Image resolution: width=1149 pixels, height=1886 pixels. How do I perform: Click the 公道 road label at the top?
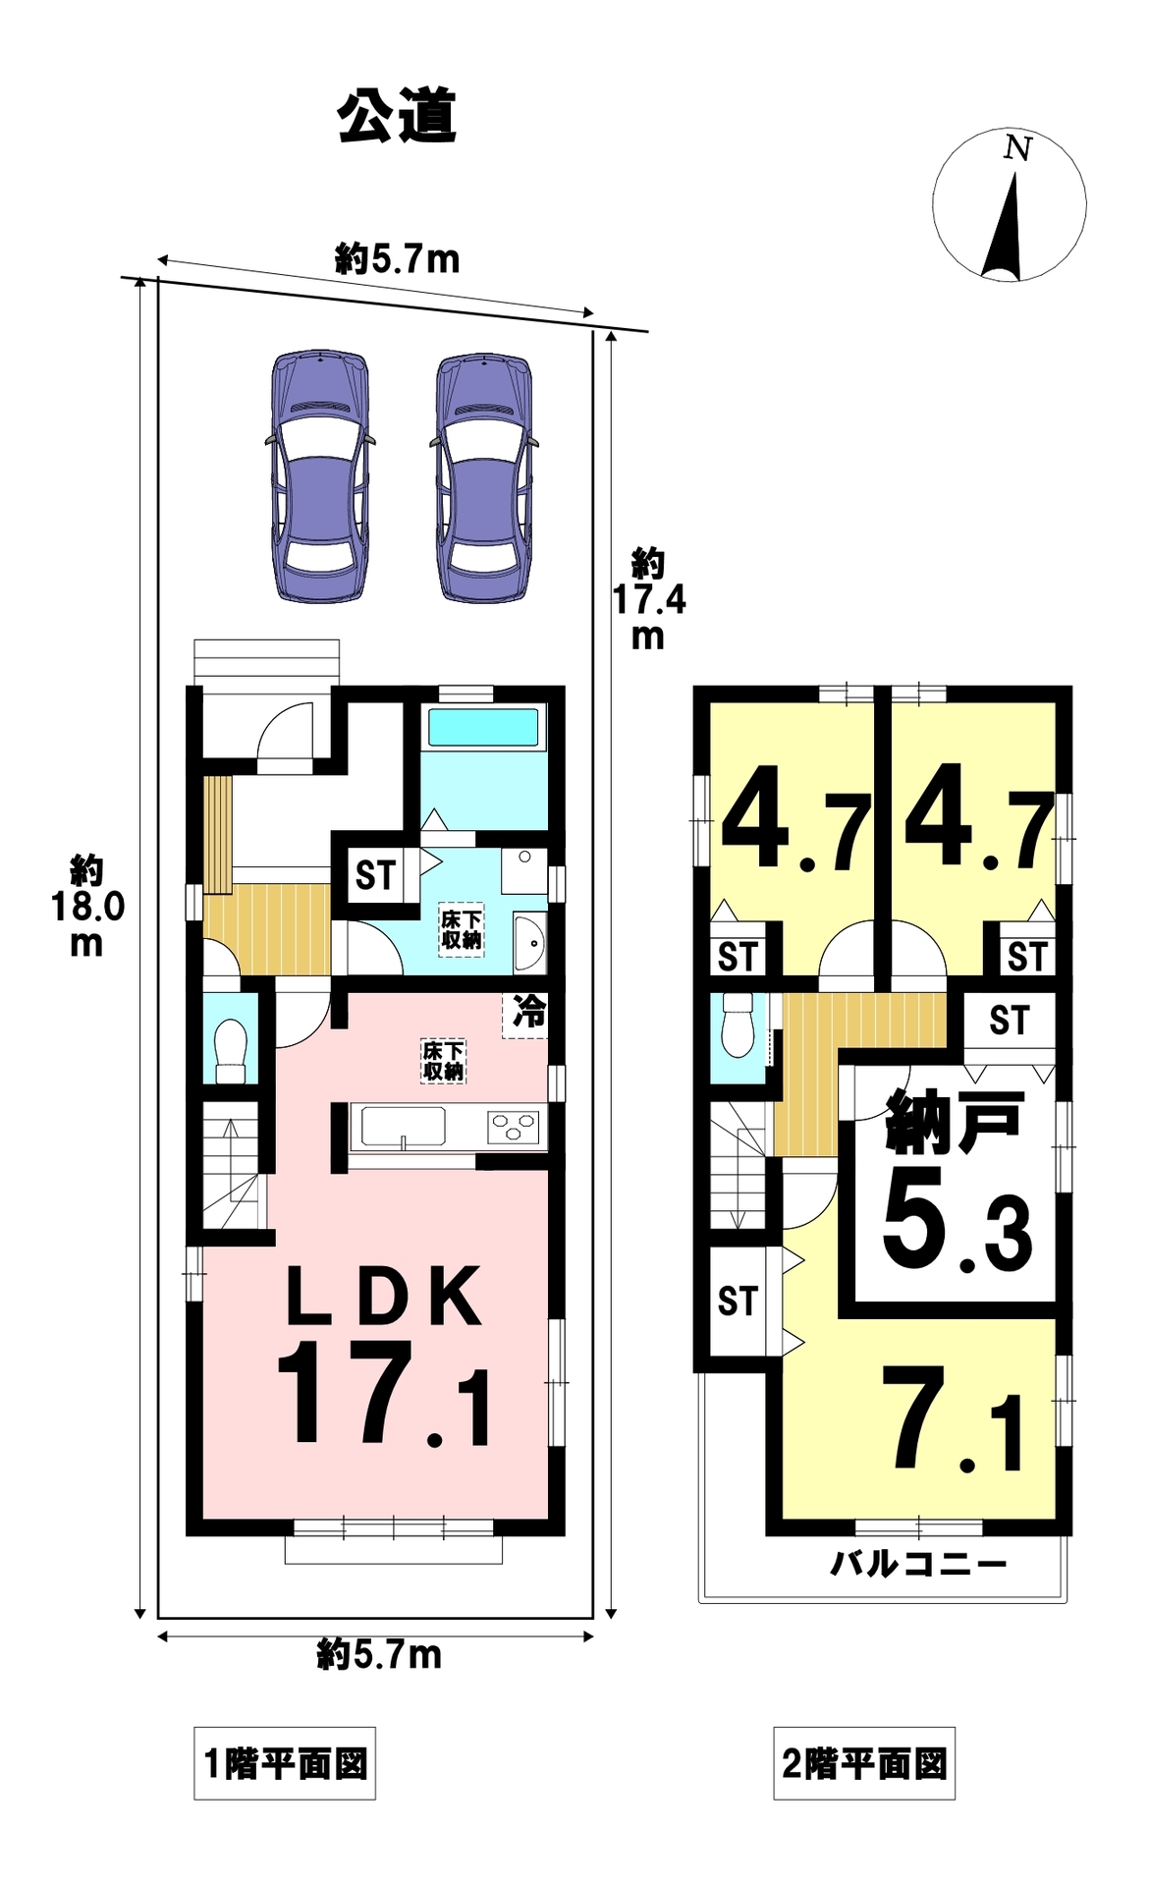tap(397, 118)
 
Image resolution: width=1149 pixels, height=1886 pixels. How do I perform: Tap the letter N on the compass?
tap(1017, 149)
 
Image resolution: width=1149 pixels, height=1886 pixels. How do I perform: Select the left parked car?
tap(321, 476)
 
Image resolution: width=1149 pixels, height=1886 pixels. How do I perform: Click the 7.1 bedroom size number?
tap(953, 1420)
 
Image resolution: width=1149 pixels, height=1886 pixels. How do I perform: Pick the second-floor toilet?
tap(737, 1026)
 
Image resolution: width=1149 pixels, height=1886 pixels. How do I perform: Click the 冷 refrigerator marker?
tap(528, 1013)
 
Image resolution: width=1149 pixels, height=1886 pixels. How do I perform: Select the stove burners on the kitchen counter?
tap(513, 1126)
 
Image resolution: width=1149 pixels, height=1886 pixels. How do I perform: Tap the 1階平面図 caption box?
tap(285, 1762)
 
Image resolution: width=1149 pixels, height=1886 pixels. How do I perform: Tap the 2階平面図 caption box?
tap(864, 1762)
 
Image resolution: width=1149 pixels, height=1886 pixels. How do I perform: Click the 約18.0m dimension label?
tap(87, 906)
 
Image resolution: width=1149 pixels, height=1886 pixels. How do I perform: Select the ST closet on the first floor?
tap(374, 873)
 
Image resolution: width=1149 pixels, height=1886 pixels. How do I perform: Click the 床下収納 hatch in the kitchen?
tap(443, 1061)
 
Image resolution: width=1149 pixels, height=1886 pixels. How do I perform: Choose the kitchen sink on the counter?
tap(404, 1126)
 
